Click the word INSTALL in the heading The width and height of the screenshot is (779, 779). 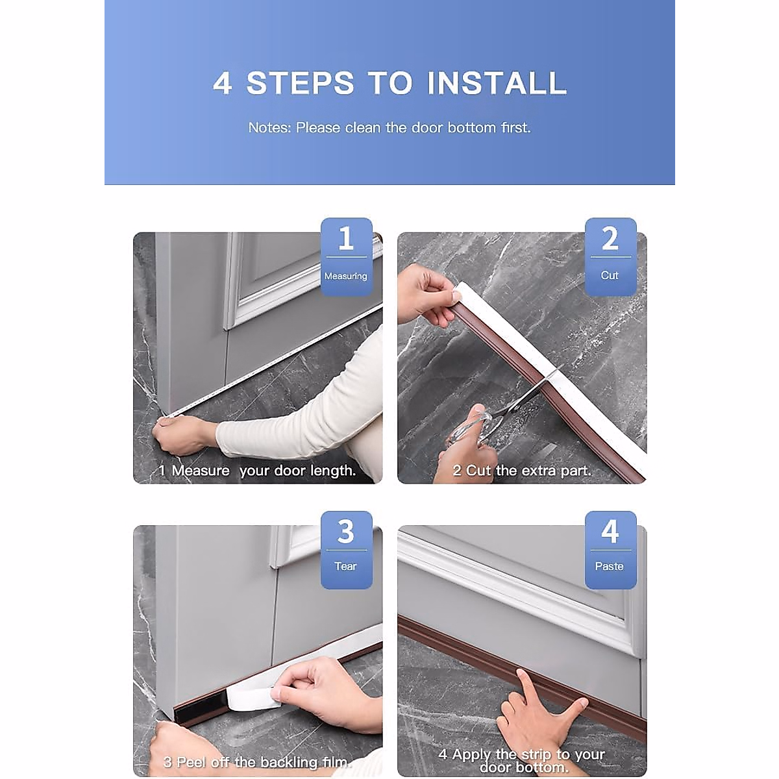(497, 83)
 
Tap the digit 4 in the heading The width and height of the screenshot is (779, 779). (223, 83)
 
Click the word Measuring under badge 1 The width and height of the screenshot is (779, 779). (345, 276)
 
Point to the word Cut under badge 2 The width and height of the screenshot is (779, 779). (610, 275)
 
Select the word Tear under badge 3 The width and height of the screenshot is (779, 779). (345, 566)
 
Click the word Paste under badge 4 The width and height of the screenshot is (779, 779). (609, 566)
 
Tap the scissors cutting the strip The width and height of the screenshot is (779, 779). (505, 408)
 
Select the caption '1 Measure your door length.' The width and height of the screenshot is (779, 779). (257, 471)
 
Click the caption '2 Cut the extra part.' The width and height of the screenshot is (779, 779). (522, 471)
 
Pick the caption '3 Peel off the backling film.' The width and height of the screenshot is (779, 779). (258, 762)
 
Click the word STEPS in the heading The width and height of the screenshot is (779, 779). (301, 83)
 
